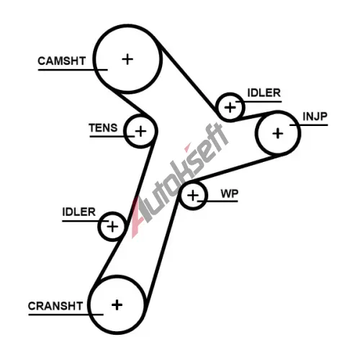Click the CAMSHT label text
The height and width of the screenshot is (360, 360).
tap(62, 60)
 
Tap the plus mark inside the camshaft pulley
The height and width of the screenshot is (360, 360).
tap(127, 59)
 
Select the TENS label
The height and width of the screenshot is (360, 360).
tap(103, 127)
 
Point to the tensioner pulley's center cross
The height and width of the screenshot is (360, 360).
tap(140, 131)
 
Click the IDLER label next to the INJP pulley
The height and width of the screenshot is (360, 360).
tap(264, 93)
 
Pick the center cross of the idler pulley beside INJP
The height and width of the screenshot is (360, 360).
tap(230, 107)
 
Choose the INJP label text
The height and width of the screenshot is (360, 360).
tap(315, 117)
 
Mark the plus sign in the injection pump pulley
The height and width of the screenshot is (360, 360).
tap(278, 133)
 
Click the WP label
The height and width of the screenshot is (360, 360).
tap(230, 194)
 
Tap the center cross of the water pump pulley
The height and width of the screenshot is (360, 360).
tap(193, 195)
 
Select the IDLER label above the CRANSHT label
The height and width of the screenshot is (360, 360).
tap(79, 212)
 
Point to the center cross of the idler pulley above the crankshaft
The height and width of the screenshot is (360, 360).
tap(112, 227)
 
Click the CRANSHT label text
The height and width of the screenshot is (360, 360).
tap(55, 306)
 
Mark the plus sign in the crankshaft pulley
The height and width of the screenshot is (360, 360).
tap(117, 305)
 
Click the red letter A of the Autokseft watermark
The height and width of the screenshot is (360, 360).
tap(139, 217)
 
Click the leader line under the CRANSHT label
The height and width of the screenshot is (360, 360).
tap(66, 315)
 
